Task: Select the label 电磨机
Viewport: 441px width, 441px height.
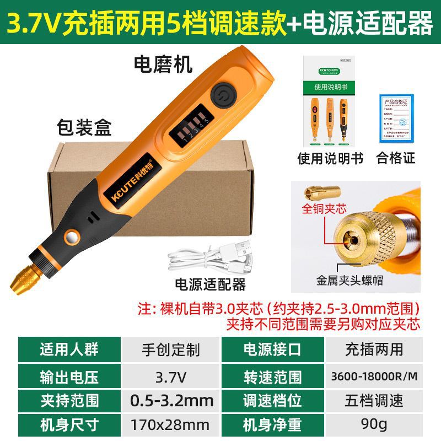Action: (163, 65)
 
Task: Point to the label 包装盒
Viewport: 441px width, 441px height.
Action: (84, 128)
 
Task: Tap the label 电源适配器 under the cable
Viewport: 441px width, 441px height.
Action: (209, 285)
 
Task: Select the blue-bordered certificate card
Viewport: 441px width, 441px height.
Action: (395, 119)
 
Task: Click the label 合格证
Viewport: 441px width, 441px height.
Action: (395, 159)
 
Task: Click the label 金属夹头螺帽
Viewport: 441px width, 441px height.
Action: (349, 281)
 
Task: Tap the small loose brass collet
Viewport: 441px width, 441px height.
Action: (322, 192)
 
